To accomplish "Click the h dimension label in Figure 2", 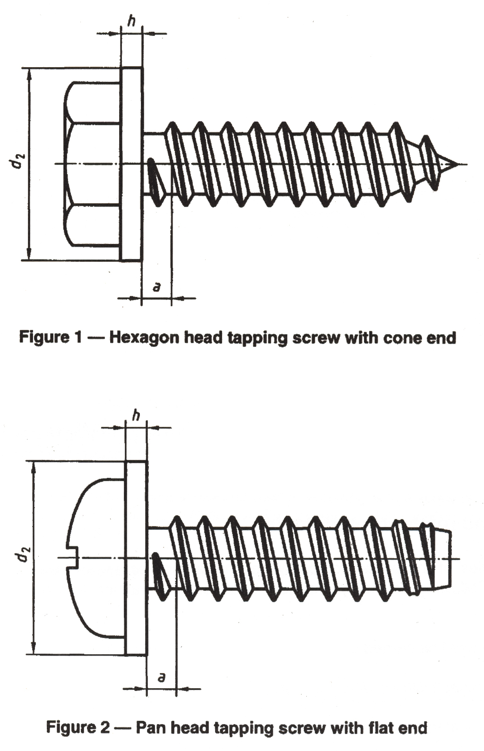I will click(136, 415).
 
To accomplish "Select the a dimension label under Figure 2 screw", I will click(162, 677).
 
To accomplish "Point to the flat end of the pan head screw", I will click(449, 559).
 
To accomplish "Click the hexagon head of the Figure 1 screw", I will click(92, 164).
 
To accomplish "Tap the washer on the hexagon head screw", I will click(131, 164).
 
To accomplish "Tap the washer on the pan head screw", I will click(136, 558).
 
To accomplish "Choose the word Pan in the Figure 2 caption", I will click(150, 727).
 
